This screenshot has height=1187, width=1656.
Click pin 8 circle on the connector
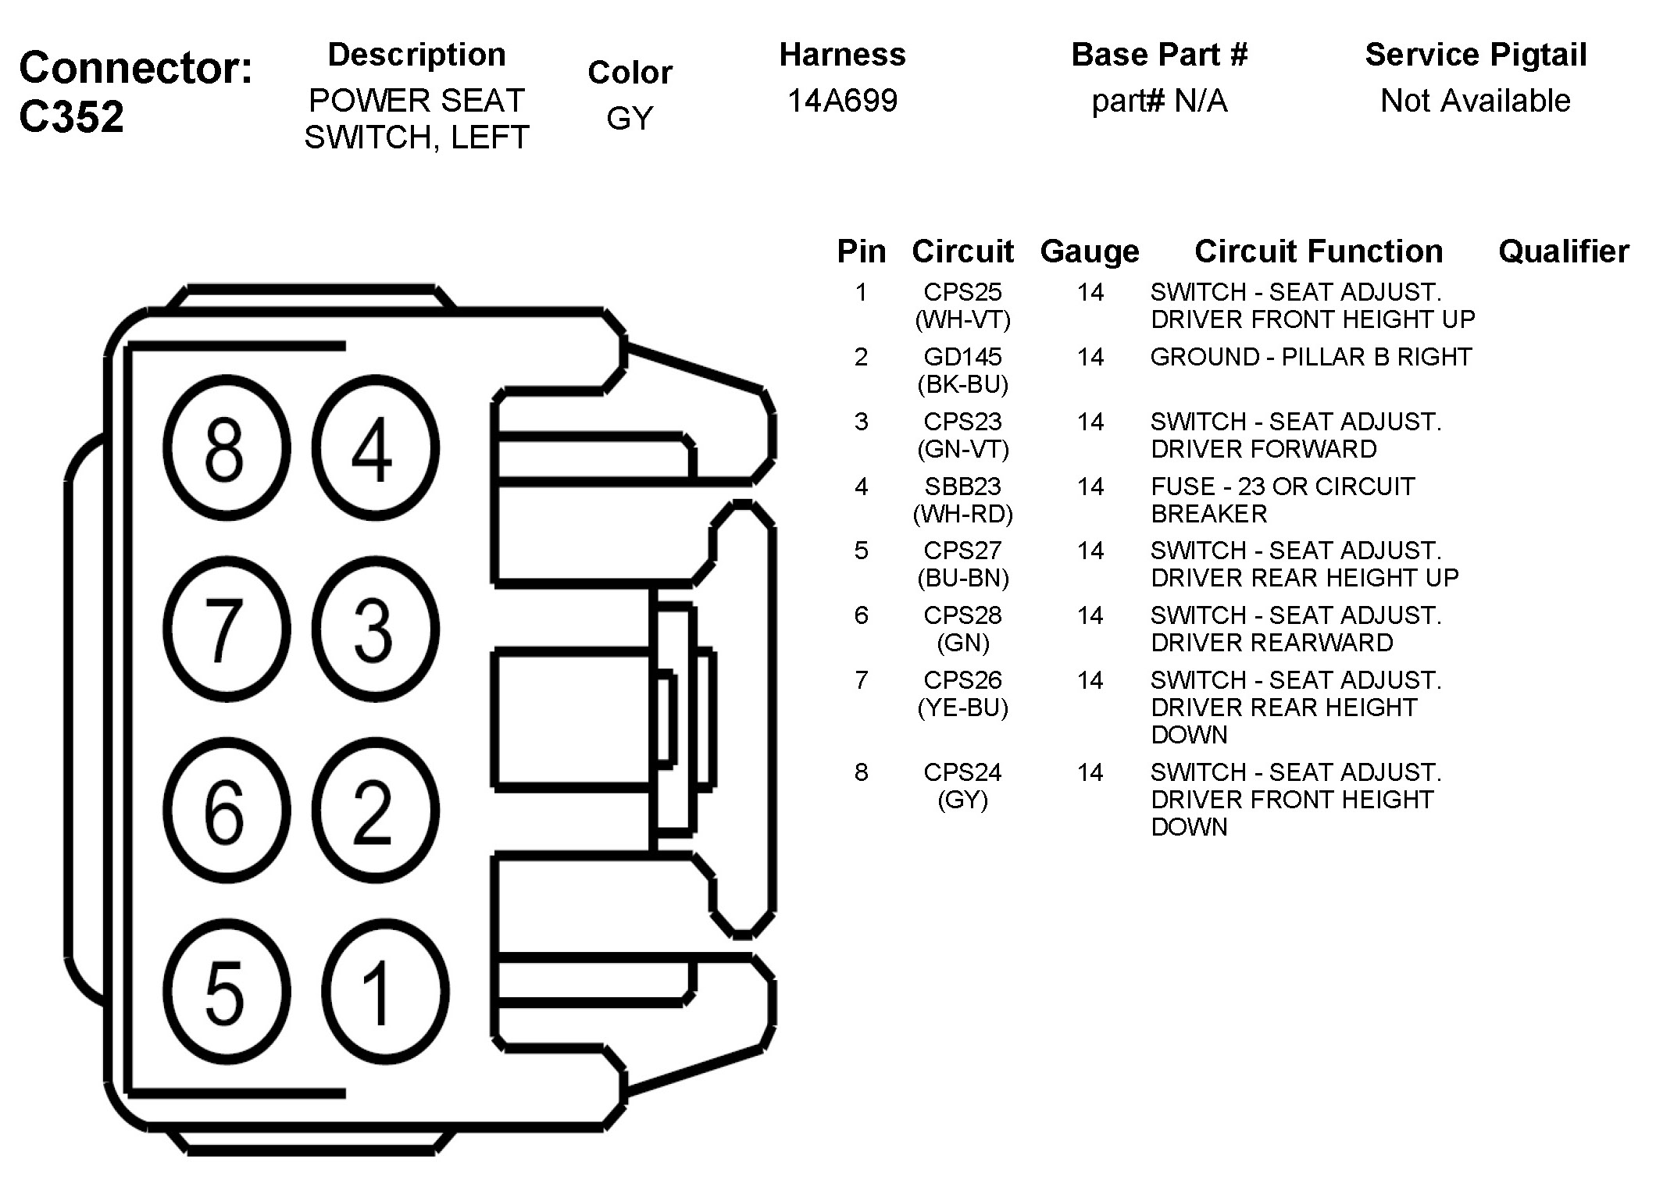(x=226, y=448)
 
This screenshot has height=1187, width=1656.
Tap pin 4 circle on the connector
(x=374, y=448)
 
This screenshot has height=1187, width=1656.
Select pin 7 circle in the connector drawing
(x=226, y=629)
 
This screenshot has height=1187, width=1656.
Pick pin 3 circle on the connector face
(x=374, y=629)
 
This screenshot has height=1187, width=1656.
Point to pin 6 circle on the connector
(x=226, y=811)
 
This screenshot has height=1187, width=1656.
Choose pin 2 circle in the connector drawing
(x=374, y=811)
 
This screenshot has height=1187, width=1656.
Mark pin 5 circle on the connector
(x=226, y=992)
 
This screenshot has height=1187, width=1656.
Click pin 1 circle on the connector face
(x=384, y=992)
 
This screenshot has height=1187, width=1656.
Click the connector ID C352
(x=72, y=116)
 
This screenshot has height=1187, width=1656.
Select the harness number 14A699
(x=842, y=101)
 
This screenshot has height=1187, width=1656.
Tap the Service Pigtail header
(x=1476, y=55)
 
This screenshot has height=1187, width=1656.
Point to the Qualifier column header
(x=1563, y=251)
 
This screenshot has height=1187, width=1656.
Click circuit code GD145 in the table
(x=962, y=357)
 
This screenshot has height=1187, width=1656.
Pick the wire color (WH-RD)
(x=962, y=514)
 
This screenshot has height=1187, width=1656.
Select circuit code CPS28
(x=962, y=615)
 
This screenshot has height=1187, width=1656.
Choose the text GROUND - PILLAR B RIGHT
(x=1311, y=357)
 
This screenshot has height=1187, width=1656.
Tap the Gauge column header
(x=1090, y=251)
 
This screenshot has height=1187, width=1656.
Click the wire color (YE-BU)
(x=962, y=708)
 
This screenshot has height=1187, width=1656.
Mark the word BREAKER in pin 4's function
(x=1208, y=514)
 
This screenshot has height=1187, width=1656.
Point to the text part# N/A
(x=1159, y=101)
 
